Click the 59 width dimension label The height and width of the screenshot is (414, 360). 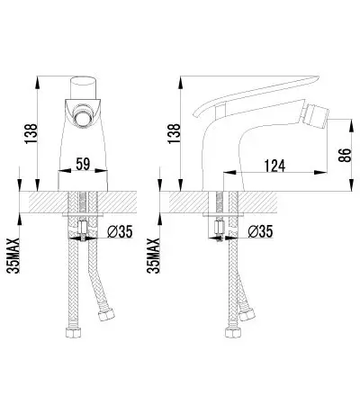[83, 164]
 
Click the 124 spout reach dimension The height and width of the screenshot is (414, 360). [274, 166]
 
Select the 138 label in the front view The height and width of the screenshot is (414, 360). [31, 133]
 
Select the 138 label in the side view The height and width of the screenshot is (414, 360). [175, 133]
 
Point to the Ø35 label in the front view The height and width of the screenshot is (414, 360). [120, 231]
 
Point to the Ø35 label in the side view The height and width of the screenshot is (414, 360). [260, 231]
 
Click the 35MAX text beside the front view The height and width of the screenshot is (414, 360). [13, 256]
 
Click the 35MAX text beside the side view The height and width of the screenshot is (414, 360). [153, 256]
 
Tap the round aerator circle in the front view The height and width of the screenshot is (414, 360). [82, 117]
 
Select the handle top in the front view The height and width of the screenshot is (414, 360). [84, 87]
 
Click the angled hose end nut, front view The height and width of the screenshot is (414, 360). [106, 314]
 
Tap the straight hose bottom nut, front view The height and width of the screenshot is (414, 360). [74, 332]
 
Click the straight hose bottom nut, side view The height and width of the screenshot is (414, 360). [232, 332]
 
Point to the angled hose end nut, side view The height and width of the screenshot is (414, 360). [247, 314]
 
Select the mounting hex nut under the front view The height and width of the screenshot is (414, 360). [83, 229]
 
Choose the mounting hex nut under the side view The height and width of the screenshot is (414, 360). [220, 229]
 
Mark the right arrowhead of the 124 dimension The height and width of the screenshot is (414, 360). [320, 172]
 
